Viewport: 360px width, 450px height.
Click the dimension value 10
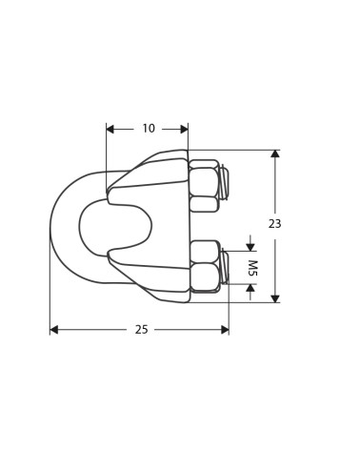point(149,129)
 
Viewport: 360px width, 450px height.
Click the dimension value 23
point(275,224)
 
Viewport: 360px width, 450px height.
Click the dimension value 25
point(141,330)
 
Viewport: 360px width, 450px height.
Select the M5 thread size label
point(251,268)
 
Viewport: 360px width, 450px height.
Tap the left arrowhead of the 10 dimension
point(110,129)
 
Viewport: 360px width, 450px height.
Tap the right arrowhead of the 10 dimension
point(184,129)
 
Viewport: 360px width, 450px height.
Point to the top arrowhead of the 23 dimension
point(275,153)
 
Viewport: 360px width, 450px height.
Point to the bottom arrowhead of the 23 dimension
point(275,298)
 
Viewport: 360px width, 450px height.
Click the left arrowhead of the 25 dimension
point(54,330)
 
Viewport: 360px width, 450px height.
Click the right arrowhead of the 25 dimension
point(225,330)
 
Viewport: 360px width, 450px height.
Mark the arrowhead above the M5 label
point(251,247)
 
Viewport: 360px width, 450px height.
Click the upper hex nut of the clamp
point(203,181)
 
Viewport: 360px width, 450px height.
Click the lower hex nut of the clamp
point(204,276)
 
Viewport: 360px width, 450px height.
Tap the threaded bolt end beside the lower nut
point(225,267)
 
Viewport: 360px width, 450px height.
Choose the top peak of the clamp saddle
point(181,152)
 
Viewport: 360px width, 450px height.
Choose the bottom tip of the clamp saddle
point(181,300)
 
